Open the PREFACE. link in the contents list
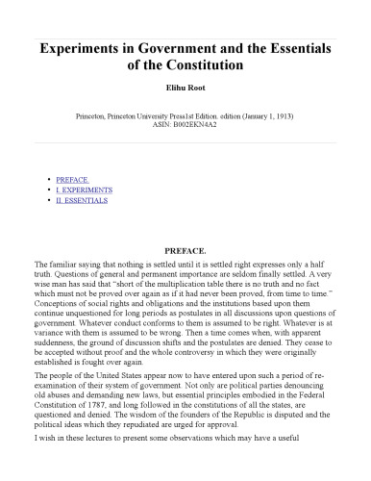click(x=73, y=179)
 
